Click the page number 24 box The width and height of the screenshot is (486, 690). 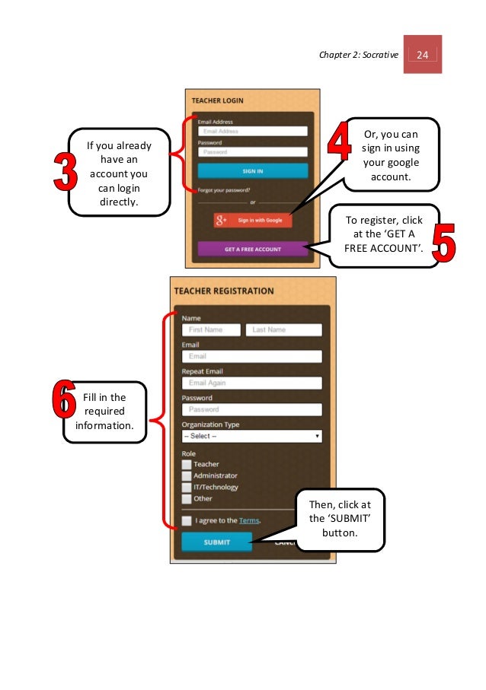pos(423,54)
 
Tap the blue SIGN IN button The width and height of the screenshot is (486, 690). pos(253,171)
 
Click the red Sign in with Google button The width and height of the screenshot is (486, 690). pos(252,220)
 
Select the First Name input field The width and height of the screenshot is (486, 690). pos(211,330)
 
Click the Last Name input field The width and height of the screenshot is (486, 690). pos(283,330)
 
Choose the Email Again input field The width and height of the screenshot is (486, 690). pos(251,383)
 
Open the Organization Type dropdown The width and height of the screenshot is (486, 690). pos(251,437)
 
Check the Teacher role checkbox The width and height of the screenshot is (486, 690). pos(187,464)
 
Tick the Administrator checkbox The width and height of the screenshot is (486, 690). pos(187,475)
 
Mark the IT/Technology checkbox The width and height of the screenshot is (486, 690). pos(187,487)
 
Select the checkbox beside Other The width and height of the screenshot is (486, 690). pos(187,499)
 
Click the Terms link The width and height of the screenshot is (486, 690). pos(249,520)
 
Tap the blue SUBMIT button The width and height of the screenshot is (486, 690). pos(216,542)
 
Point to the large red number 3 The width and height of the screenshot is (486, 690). pos(65,172)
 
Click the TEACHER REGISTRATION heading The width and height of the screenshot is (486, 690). pos(224,291)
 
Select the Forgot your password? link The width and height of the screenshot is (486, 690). pos(224,190)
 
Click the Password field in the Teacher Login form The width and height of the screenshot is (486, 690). pos(252,152)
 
